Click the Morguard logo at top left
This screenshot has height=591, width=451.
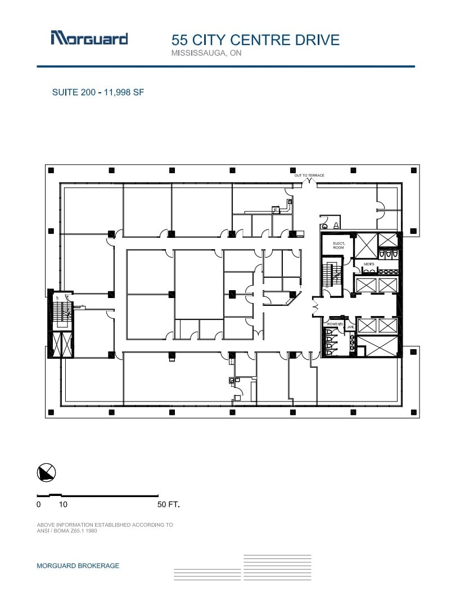click(89, 38)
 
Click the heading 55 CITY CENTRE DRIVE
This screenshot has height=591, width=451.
click(255, 40)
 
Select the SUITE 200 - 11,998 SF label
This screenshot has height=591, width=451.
click(98, 92)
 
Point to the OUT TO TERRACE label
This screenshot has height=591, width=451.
click(309, 175)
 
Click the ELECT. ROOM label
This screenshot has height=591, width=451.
click(338, 245)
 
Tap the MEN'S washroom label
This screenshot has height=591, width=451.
click(369, 264)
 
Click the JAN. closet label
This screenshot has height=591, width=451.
click(349, 326)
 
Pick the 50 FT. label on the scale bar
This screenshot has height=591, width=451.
click(169, 504)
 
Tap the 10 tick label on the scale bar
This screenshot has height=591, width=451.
click(63, 504)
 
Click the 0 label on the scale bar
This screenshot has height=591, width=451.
click(39, 504)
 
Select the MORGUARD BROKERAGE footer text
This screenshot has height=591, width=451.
click(78, 566)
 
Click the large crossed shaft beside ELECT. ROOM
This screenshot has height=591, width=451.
click(365, 245)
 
